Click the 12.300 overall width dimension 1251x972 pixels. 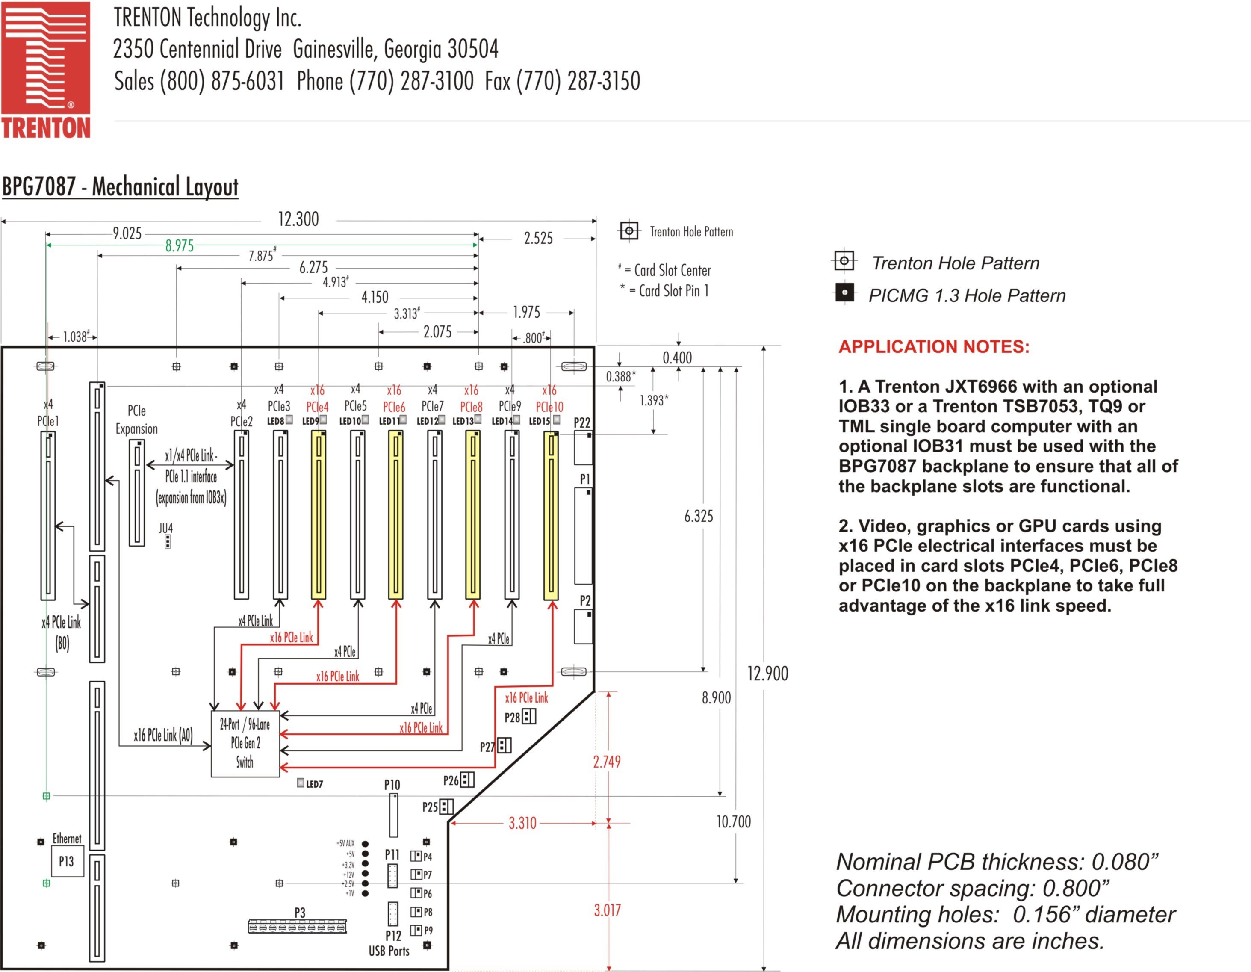coord(298,219)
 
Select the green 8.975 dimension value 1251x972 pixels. coord(179,246)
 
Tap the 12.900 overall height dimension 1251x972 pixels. coord(767,674)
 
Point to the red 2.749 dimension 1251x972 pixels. coord(607,762)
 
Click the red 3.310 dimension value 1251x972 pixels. coord(522,824)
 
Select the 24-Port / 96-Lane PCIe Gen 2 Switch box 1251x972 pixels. coord(245,744)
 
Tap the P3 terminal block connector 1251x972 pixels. coord(297,926)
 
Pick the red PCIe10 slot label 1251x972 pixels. coord(549,407)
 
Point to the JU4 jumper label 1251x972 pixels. coord(165,528)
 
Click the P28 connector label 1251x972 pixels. coord(512,717)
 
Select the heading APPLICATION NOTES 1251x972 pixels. coord(934,346)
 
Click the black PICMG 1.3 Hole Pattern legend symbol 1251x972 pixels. coord(844,292)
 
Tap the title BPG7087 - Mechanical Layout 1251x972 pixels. coord(120,187)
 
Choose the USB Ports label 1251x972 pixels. coord(389,951)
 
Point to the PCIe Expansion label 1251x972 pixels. coord(136,420)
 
